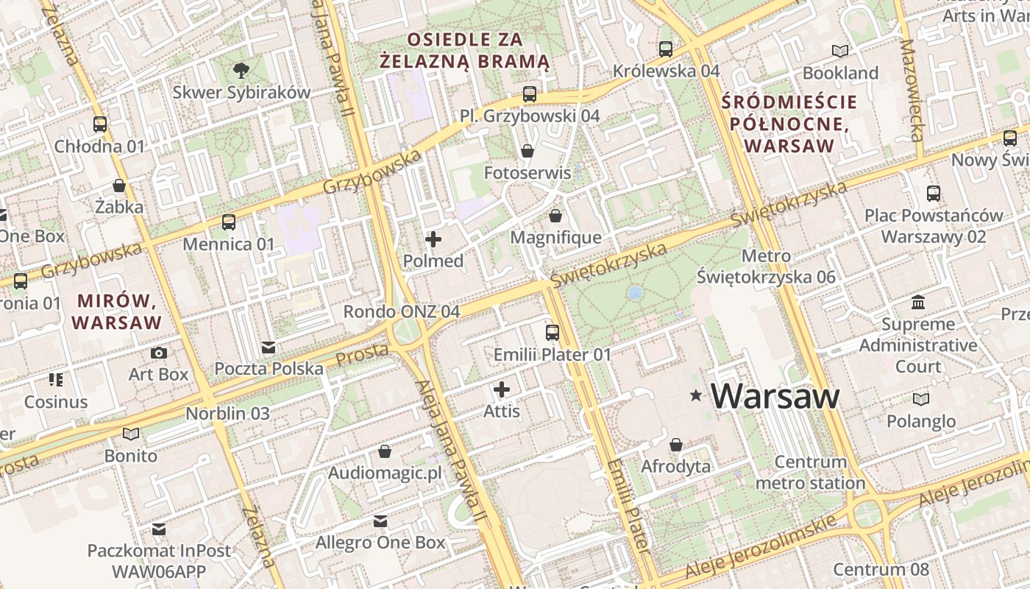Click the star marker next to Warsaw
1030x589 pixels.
695,396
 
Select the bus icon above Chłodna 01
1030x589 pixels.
100,124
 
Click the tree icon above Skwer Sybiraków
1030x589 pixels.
241,71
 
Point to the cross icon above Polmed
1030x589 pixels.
433,239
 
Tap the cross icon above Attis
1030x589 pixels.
502,389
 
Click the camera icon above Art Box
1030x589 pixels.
158,353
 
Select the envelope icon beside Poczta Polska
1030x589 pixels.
269,347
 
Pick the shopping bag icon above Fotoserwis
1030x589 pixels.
528,151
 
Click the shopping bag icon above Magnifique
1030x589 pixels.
555,216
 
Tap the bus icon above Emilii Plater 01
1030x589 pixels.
553,333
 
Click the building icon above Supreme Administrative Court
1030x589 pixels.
918,302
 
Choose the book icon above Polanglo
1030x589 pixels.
920,399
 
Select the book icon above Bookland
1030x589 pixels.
840,51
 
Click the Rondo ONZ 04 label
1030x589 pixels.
402,311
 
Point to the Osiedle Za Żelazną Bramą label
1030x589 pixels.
464,50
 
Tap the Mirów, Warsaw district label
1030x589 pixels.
117,311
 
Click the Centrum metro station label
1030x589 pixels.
810,473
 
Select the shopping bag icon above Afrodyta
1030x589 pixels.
676,445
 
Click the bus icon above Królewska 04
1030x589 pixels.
666,49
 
